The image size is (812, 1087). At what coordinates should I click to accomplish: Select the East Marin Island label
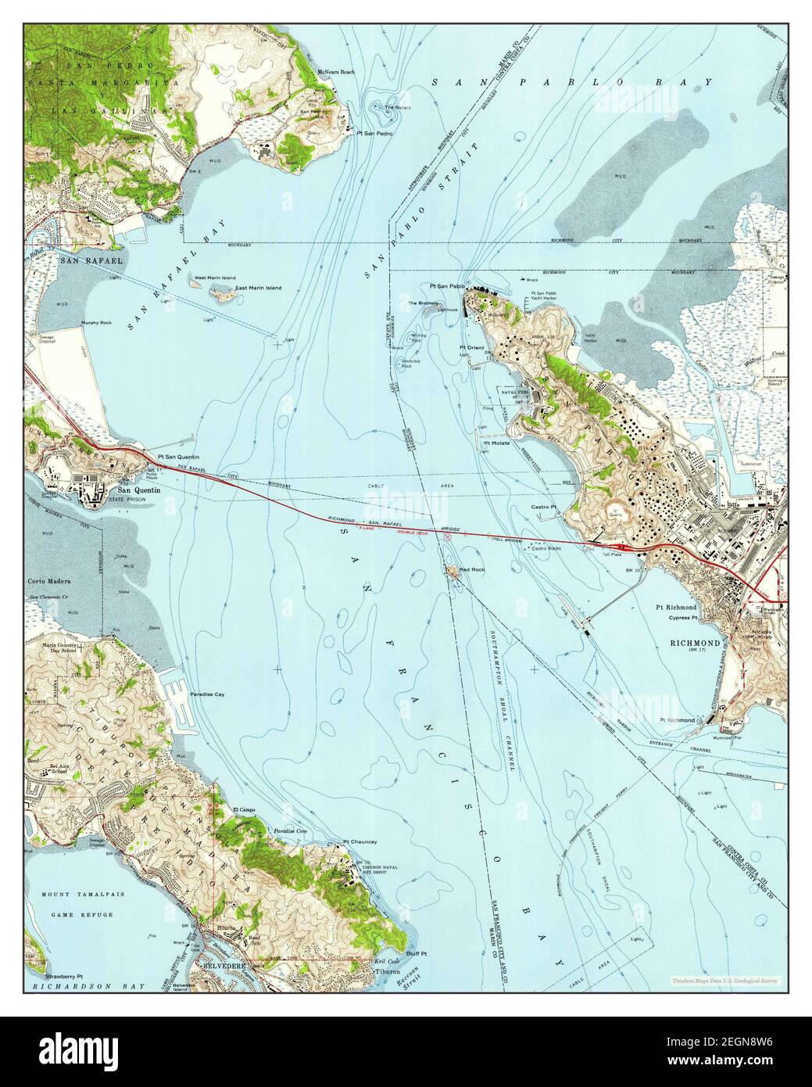(x=259, y=288)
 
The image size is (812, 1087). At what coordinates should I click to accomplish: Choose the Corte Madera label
(x=49, y=582)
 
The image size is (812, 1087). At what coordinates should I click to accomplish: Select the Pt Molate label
(x=497, y=443)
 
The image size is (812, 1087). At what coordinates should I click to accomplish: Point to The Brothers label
(x=422, y=303)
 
